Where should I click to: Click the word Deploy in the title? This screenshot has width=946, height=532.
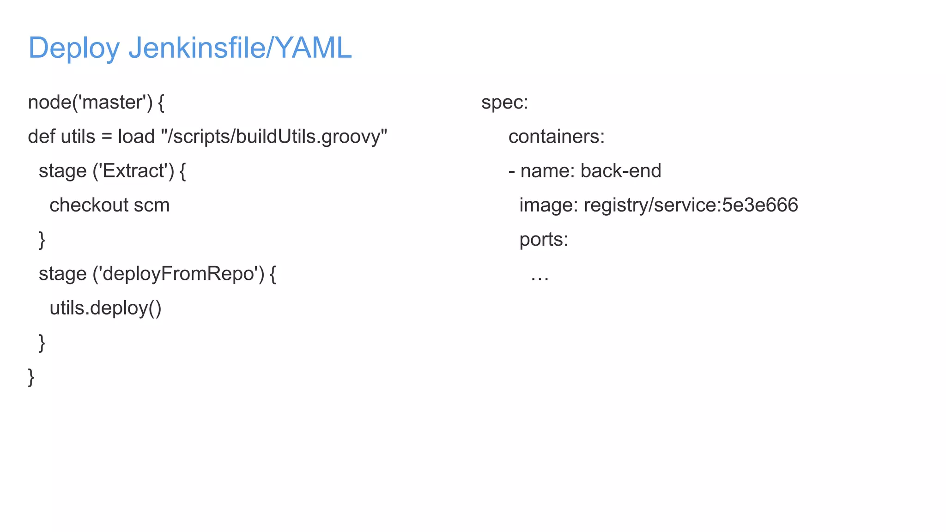point(74,48)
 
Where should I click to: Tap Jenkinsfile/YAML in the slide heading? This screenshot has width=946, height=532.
point(240,48)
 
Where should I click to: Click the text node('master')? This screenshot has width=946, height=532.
point(90,103)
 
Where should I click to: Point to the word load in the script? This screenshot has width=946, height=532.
point(136,137)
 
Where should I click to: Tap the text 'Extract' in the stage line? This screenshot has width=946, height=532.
point(133,171)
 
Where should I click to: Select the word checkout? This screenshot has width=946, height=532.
point(89,205)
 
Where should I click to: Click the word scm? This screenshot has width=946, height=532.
point(152,205)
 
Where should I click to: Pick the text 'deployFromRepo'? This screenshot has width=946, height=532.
point(178,274)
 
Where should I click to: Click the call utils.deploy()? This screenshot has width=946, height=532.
point(105,308)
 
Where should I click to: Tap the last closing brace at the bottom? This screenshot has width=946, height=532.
point(31,377)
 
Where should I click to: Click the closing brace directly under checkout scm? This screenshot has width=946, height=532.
point(42,240)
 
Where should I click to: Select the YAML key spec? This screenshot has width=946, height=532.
point(504,103)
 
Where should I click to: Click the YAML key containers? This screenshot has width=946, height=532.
point(556,137)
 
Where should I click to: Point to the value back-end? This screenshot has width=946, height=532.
point(620,171)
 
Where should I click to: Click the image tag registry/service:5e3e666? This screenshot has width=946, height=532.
point(691,205)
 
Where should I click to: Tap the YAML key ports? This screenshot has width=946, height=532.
point(544,240)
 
